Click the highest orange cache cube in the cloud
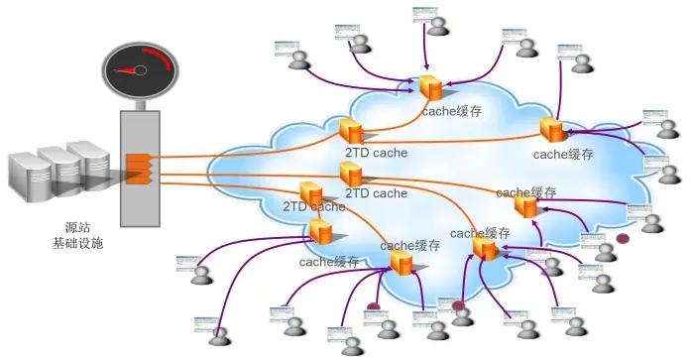tap(430, 87)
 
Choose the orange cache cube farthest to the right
tap(551, 129)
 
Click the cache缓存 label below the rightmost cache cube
tap(562, 155)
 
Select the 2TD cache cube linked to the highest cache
tap(350, 131)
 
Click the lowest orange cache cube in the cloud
tap(401, 263)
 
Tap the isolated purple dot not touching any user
tap(623, 239)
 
